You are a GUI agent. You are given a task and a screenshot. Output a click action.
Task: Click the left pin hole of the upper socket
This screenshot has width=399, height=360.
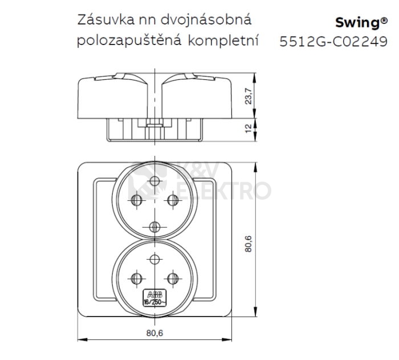136,200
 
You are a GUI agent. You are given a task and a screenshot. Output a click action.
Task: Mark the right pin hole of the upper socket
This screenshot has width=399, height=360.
170,200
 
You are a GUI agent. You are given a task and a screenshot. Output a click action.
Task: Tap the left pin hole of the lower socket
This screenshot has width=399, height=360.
136,278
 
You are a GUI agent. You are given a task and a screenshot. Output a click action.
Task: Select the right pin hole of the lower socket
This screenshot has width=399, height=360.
170,278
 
